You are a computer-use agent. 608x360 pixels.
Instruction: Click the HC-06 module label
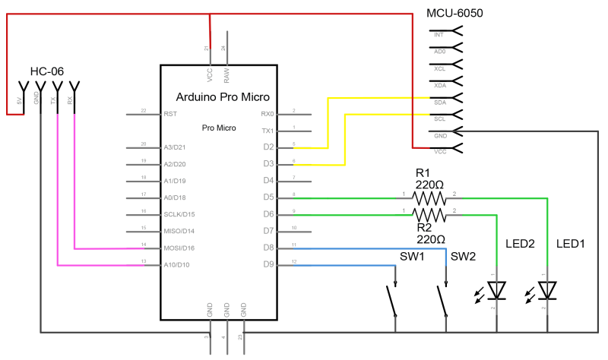(x=46, y=71)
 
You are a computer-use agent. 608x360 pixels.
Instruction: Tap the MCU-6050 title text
(x=454, y=13)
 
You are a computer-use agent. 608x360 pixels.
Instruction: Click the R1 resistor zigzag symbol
(x=428, y=197)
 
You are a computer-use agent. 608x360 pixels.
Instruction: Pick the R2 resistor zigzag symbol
(x=428, y=215)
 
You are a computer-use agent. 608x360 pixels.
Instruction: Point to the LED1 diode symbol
(x=547, y=290)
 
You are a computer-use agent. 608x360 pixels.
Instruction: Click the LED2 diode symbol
(x=496, y=290)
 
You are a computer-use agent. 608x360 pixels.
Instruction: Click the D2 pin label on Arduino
(x=268, y=147)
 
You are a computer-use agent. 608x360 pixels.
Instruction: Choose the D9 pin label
(x=268, y=265)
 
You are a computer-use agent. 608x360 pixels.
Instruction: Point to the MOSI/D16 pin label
(x=179, y=248)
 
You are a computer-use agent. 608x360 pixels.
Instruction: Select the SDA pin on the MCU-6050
(x=439, y=102)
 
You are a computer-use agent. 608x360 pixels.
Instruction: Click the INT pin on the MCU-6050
(x=439, y=35)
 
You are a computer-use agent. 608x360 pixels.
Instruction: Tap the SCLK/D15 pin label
(x=179, y=215)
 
